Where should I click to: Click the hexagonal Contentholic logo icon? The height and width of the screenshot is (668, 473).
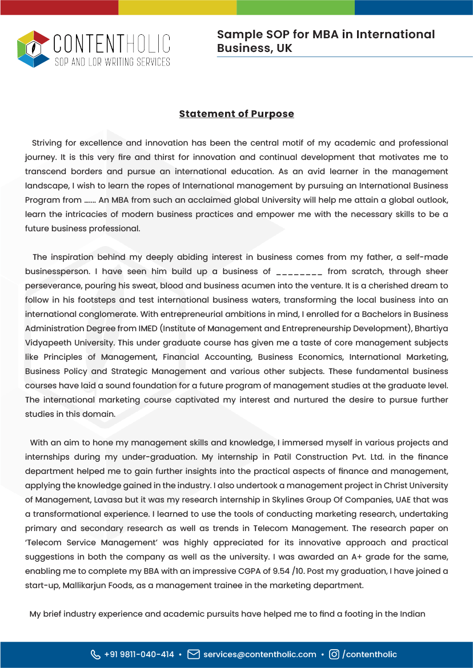pos(34,49)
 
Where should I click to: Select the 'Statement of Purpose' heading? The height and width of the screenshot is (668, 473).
pos(236,114)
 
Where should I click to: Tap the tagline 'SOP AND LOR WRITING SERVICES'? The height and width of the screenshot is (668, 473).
pos(112,62)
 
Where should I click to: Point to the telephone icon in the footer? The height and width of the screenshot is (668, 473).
pos(95,654)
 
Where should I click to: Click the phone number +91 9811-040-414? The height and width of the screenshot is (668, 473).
pos(139,654)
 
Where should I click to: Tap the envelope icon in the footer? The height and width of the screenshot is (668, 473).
pos(194,654)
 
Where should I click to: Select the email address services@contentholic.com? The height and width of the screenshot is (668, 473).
pos(259,654)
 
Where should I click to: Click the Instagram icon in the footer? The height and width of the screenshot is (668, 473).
pos(334,654)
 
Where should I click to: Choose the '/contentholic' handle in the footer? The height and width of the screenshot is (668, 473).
pos(370,654)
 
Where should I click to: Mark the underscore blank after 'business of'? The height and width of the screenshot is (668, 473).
pos(299,272)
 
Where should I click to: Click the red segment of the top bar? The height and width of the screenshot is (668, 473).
pos(59,7)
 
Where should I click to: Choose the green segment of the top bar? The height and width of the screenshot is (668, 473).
pos(295,7)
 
